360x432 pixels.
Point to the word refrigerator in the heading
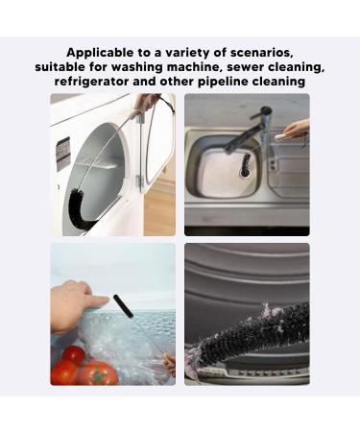pyautogui.click(x=95, y=83)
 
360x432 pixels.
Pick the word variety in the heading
pyautogui.click(x=190, y=52)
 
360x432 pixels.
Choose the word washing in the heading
pyautogui.click(x=139, y=67)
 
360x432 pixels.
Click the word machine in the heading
pyautogui.click(x=189, y=67)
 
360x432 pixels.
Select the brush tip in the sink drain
pyautogui.click(x=246, y=168)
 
